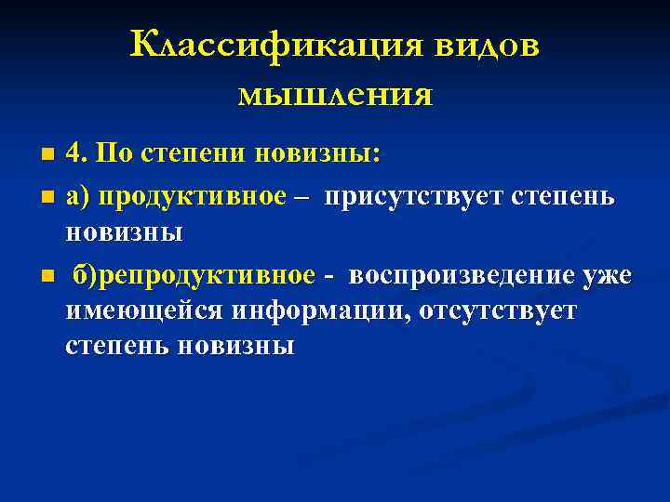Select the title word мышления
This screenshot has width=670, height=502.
pyautogui.click(x=335, y=94)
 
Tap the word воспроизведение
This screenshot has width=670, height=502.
pyautogui.click(x=462, y=276)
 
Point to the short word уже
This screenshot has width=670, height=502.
pyautogui.click(x=608, y=276)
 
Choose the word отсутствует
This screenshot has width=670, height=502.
pyautogui.click(x=497, y=310)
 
